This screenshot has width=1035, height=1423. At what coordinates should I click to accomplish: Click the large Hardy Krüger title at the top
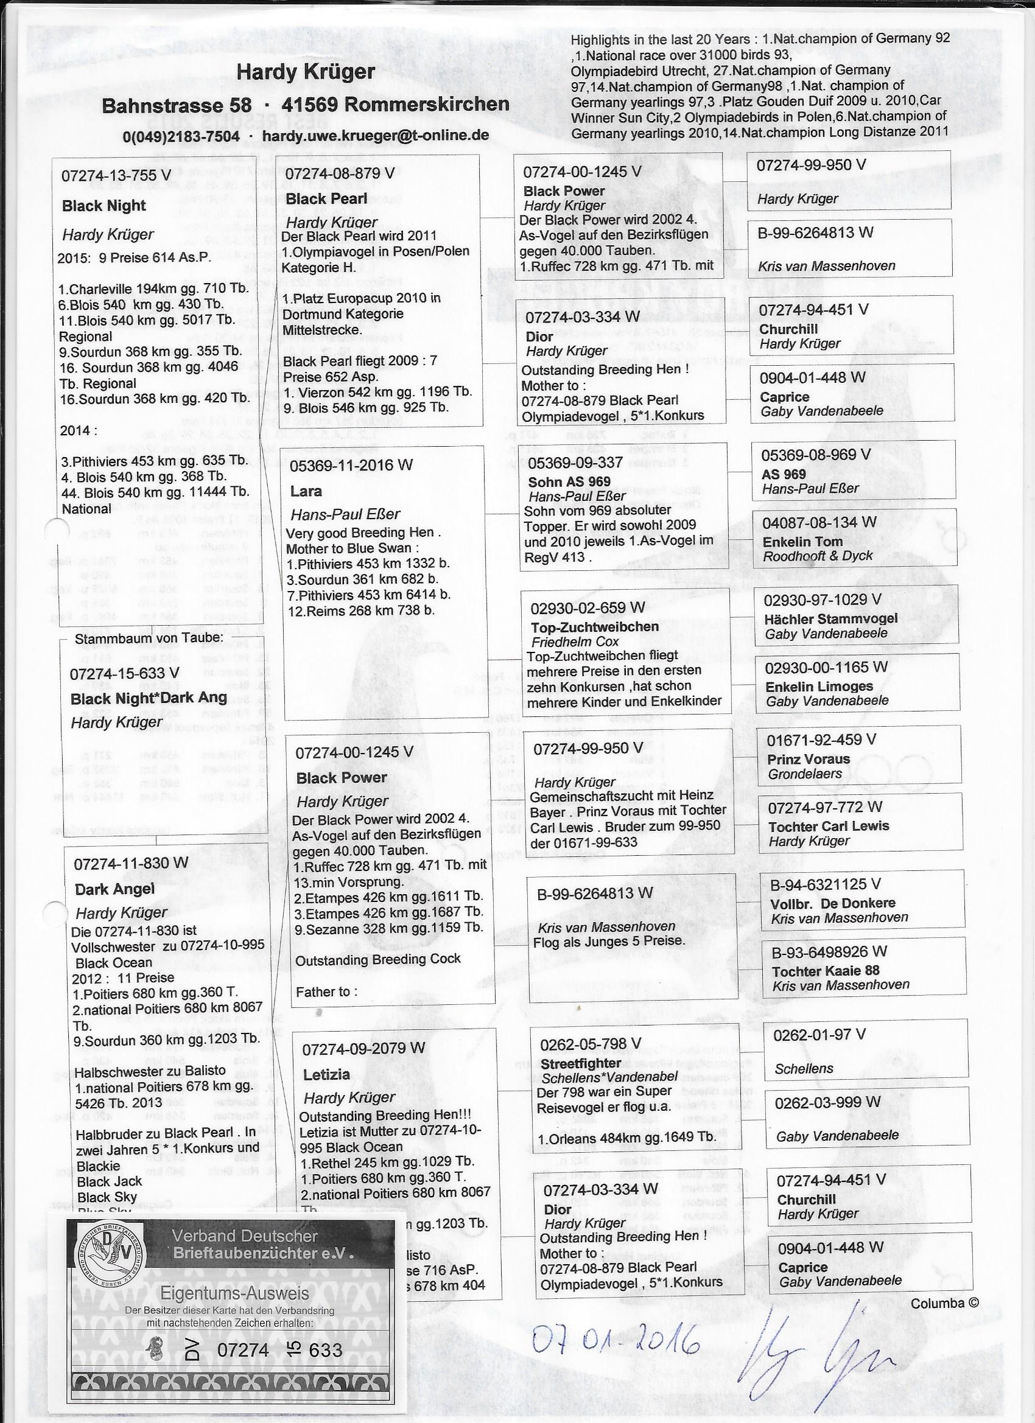pos(305,72)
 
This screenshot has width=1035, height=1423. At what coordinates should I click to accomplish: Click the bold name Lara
pos(306,491)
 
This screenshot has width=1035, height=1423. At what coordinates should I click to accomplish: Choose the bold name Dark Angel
pos(114,889)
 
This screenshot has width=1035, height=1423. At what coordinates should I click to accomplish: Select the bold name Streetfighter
pos(581,1063)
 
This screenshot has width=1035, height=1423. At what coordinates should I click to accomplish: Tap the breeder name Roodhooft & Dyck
pos(817,556)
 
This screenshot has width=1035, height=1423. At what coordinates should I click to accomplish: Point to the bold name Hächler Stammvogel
pos(831,618)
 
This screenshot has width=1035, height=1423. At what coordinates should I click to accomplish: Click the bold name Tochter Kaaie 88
pos(826,971)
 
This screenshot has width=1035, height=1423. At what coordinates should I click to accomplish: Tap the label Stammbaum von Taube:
pos(148,638)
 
